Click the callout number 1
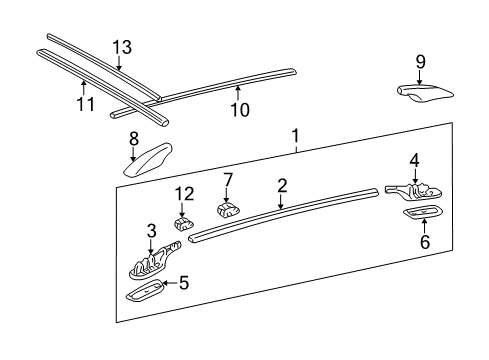coord(295,135)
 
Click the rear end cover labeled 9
coord(423,92)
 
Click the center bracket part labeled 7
coord(228,211)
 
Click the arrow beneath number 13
coord(120,62)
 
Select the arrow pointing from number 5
coord(168,283)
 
